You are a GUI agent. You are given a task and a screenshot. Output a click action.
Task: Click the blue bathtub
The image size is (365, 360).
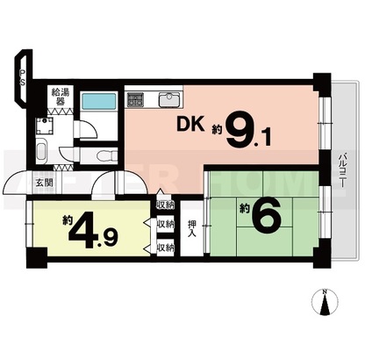pos(99,101)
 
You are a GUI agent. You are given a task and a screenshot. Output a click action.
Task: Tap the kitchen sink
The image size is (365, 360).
pos(169,100)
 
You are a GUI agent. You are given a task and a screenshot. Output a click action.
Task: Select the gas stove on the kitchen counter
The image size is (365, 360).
pos(135,99)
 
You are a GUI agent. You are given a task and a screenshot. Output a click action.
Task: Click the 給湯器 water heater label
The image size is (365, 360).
pos(61,97)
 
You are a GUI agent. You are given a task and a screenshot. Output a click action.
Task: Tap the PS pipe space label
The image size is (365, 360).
pos(23,77)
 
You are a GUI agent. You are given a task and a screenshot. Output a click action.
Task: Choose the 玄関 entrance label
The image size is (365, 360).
pos(45,183)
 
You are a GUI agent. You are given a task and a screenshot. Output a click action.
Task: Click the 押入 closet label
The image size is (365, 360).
pos(191,228)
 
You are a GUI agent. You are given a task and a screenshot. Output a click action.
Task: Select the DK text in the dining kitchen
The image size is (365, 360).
pos(190,125)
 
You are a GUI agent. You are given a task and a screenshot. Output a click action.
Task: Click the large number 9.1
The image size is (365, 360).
pos(247,129)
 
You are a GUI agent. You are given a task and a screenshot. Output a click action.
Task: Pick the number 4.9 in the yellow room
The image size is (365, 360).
pos(93,231)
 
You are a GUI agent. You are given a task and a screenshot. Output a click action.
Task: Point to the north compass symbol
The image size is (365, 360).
pos(325,301)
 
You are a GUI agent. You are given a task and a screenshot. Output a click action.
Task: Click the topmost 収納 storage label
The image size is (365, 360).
pos(166,205)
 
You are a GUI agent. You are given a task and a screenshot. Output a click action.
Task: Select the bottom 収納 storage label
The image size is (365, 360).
pos(166,248)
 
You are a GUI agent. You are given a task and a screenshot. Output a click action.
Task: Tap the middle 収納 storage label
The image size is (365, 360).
pos(166,225)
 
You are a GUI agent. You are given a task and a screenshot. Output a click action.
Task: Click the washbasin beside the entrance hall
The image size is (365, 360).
pos(41,151)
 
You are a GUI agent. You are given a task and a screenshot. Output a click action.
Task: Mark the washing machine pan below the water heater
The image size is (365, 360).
pos(45,126)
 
